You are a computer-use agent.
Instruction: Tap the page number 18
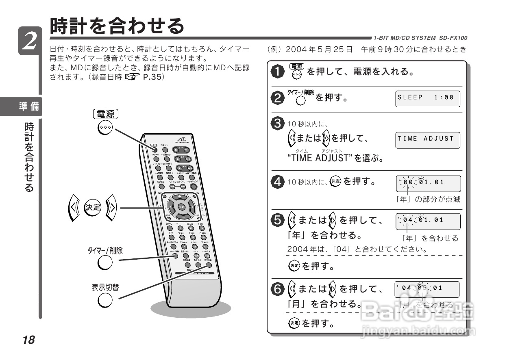click(29, 340)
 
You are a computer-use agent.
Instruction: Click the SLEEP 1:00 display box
click(428, 98)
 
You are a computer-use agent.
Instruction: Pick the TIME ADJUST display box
click(428, 140)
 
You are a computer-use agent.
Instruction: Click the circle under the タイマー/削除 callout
click(105, 263)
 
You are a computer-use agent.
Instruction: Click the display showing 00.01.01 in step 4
click(428, 184)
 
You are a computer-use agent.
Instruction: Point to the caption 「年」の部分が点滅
click(428, 200)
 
